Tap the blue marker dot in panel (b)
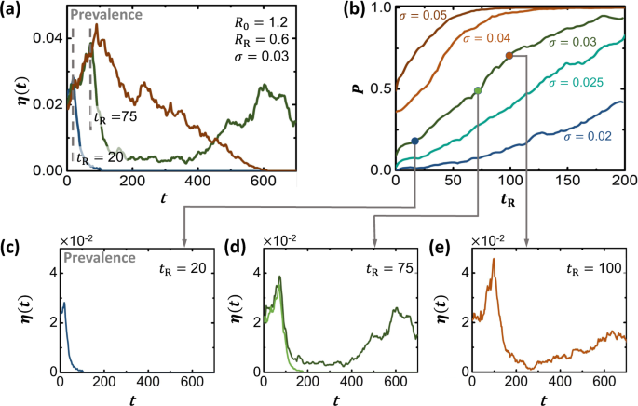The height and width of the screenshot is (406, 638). pos(414,141)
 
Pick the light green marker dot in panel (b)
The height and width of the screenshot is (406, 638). pos(478,89)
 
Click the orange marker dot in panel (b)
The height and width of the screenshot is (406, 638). pos(509,56)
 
